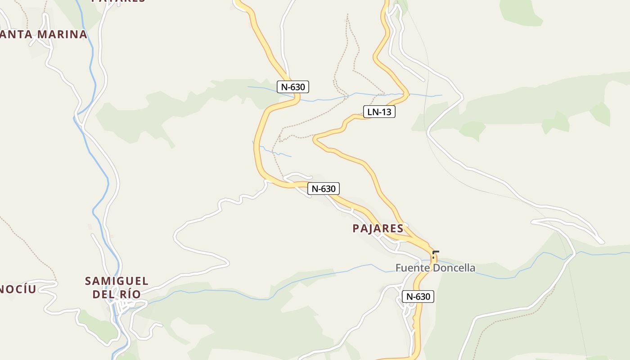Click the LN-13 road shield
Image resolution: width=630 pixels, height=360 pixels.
pos(379,112)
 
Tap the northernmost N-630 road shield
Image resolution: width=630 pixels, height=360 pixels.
pos(292,87)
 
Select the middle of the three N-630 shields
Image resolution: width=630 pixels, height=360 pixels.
pos(324,189)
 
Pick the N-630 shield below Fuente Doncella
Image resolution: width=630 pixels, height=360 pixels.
pos(418,297)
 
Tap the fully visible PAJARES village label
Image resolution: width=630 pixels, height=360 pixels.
pos(378,229)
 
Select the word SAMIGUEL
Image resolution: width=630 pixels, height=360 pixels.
pos(117,281)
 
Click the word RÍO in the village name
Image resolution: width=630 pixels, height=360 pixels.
pos(130,294)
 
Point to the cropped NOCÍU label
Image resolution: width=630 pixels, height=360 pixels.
pos(18,289)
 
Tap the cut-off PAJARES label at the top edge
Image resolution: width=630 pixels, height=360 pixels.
pos(118,1)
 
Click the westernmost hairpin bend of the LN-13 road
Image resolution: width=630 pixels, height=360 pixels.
pos(315,140)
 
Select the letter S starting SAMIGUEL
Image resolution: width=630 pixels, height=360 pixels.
pos(88,281)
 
